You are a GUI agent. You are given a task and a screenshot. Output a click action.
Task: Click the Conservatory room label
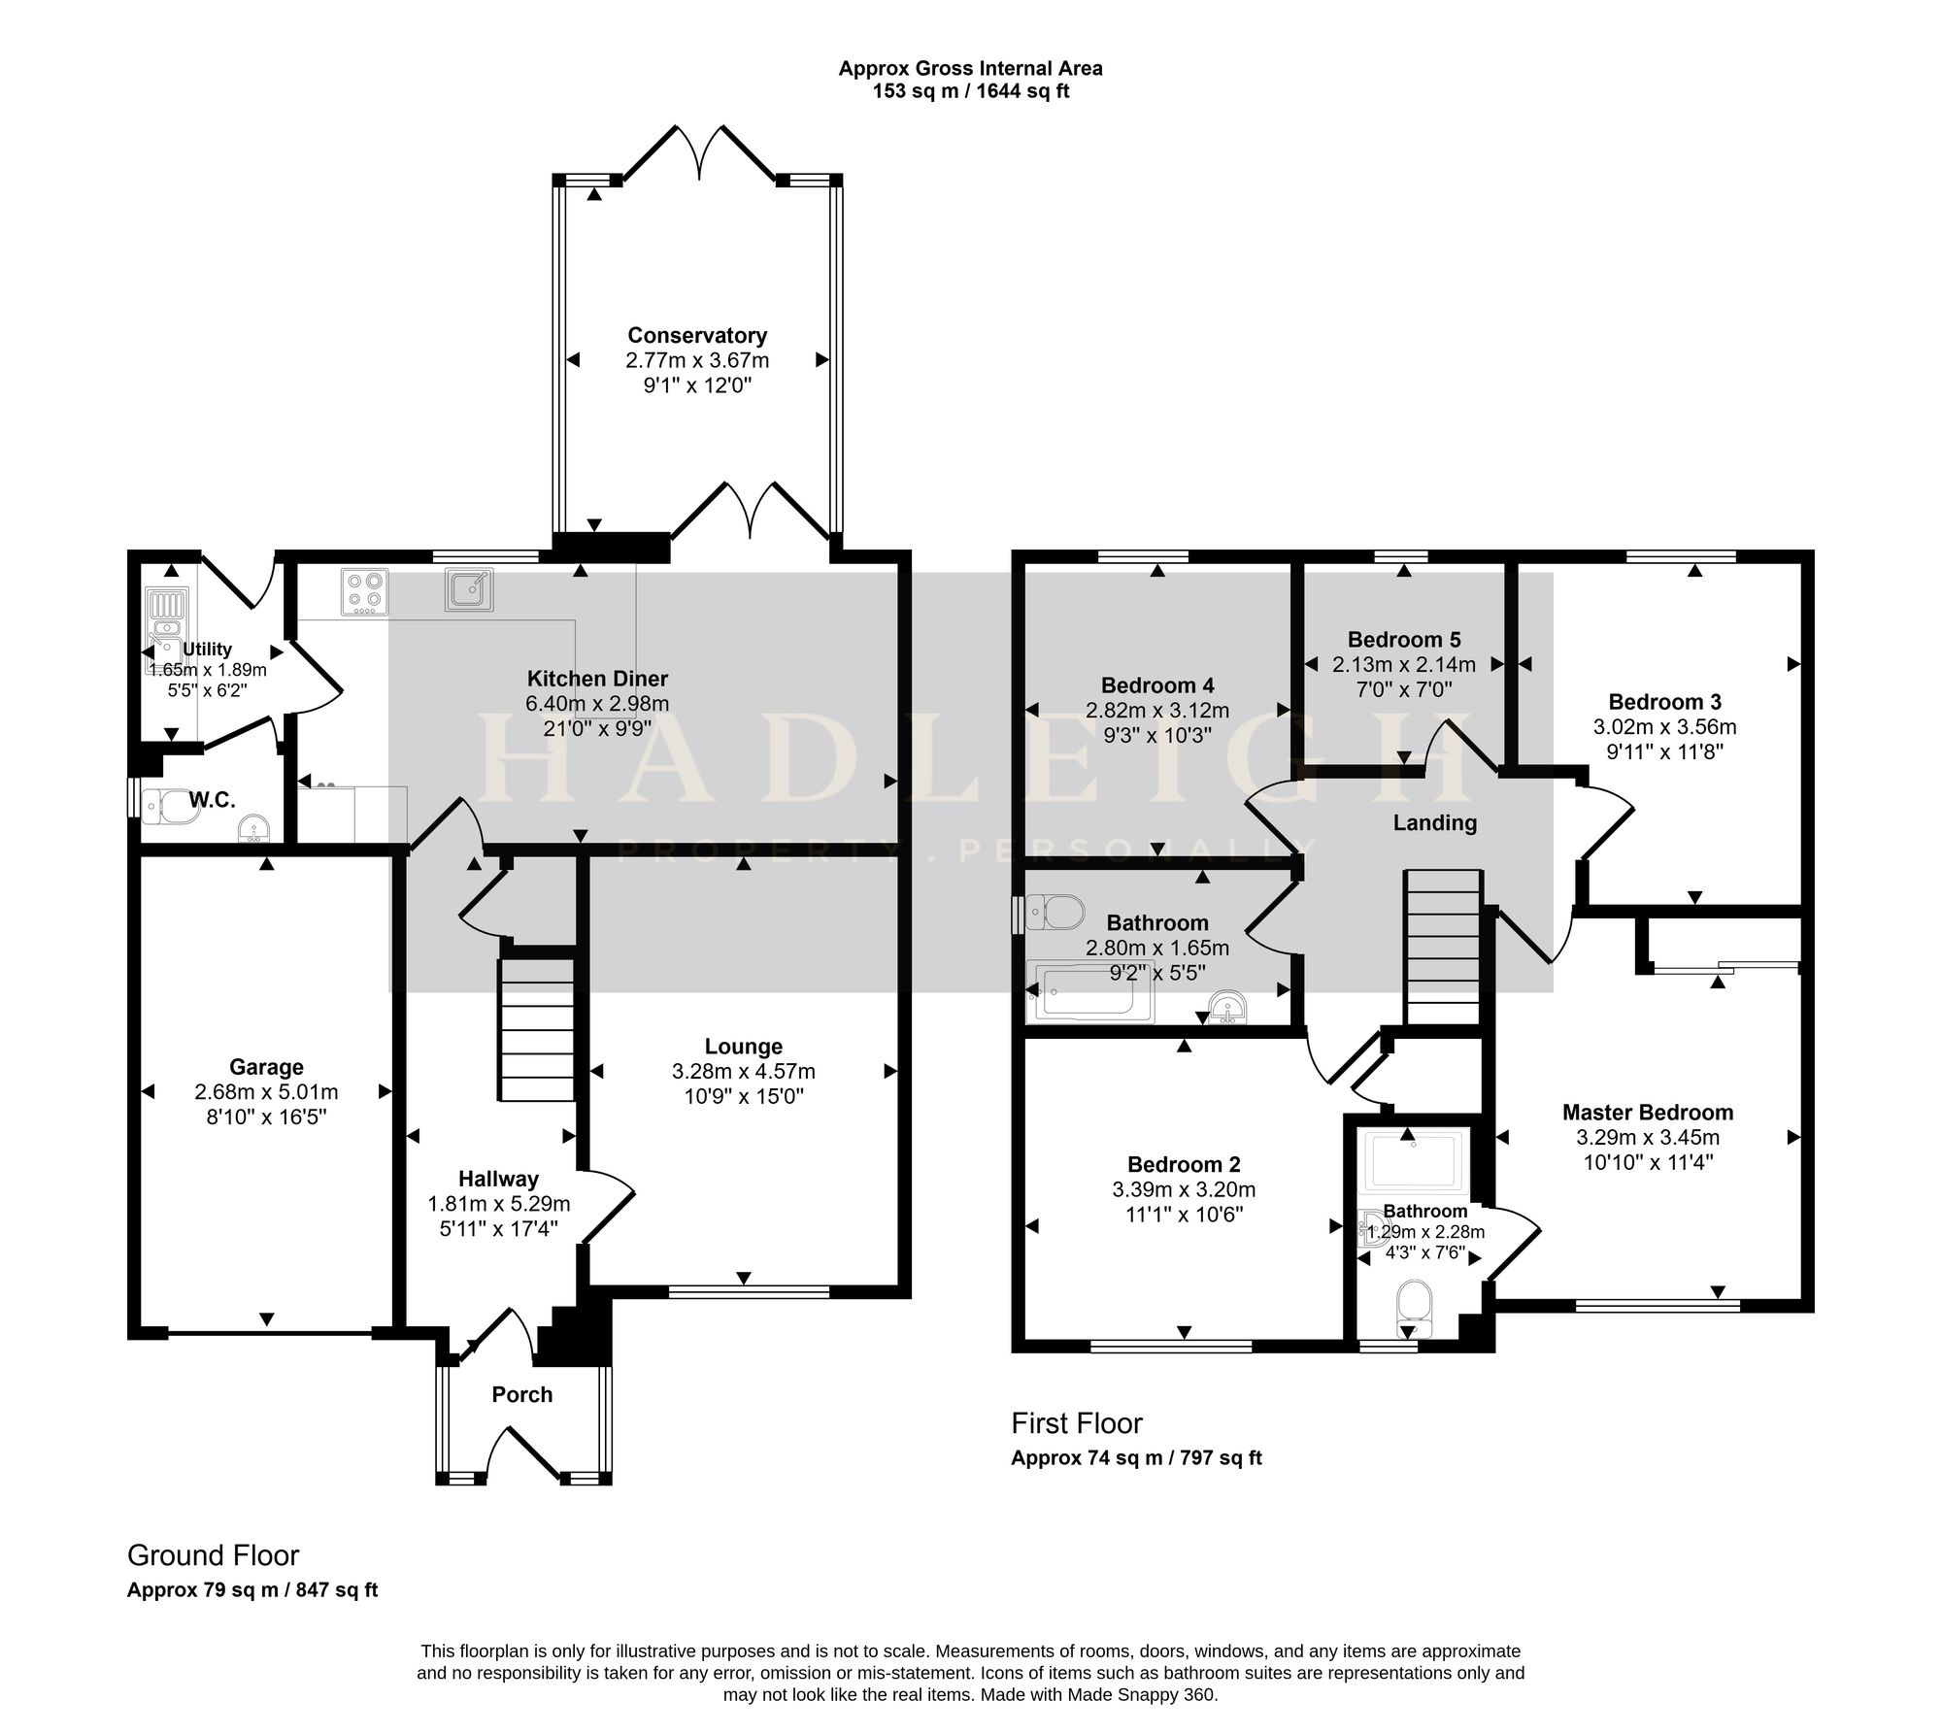tap(697, 335)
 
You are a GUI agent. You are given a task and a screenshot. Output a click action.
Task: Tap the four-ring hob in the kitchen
tap(365, 591)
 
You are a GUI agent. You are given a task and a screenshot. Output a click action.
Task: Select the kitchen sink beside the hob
tap(470, 589)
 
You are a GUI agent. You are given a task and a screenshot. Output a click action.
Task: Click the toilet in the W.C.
tap(170, 806)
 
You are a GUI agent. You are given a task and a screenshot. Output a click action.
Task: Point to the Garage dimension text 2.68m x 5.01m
tap(266, 1092)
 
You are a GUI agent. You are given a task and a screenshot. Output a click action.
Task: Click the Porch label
tap(522, 1394)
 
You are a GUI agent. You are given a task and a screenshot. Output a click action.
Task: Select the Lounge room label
tap(744, 1047)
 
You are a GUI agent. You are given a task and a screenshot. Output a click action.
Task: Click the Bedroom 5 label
tap(1404, 640)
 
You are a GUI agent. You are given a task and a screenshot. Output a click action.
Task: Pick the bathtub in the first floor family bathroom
tap(1090, 990)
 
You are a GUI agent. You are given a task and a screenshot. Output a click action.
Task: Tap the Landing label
tap(1435, 823)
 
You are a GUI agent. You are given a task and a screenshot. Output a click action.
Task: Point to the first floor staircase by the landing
tap(1443, 947)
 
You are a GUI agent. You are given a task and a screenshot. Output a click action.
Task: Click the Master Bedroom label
tap(1648, 1113)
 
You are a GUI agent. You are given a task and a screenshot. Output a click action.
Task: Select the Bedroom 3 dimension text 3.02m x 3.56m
tap(1665, 726)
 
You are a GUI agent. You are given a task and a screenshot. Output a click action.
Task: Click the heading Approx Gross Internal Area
tap(971, 68)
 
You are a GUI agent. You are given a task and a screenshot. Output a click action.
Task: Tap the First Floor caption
tap(1077, 1423)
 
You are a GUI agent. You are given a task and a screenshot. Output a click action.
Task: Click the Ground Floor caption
tap(214, 1555)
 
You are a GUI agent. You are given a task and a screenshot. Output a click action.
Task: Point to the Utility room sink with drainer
tap(165, 626)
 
